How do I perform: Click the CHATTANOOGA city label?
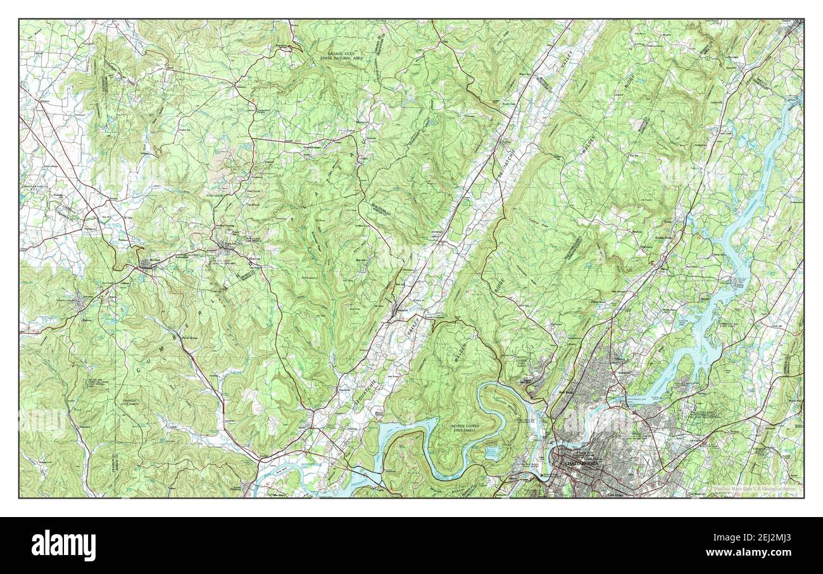[580, 463]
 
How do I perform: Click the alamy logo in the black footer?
[64, 545]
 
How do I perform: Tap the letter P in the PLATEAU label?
[293, 218]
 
